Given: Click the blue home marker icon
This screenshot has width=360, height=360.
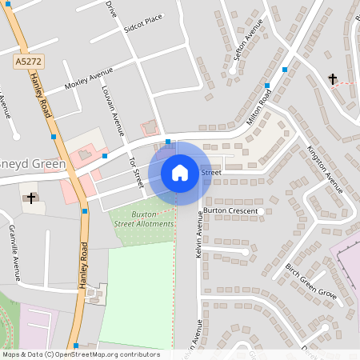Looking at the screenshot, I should [x=180, y=172].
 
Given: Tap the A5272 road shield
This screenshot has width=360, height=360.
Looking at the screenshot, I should [x=27, y=61].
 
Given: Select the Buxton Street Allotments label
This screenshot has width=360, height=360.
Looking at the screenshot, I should [x=142, y=219].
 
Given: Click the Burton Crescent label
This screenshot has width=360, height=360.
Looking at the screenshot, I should [x=230, y=211].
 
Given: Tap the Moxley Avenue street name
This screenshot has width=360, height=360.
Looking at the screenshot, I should [x=89, y=80].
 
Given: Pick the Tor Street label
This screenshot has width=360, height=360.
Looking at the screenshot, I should [x=134, y=171].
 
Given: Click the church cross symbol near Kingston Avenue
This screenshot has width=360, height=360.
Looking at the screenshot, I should [x=333, y=78].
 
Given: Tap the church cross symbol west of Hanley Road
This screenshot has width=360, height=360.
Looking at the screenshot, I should [x=32, y=197].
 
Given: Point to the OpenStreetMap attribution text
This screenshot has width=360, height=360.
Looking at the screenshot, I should [x=81, y=354].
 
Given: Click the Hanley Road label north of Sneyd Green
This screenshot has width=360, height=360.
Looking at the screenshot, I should [x=40, y=88].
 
